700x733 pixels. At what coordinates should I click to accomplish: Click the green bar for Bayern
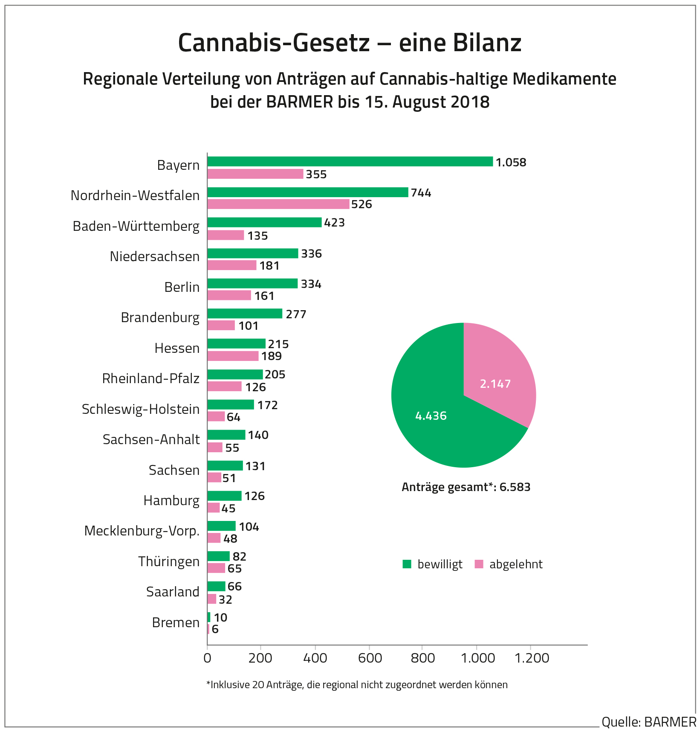(x=350, y=162)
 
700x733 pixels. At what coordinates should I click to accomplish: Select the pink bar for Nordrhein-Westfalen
(x=278, y=204)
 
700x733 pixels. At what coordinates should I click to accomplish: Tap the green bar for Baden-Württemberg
(x=264, y=222)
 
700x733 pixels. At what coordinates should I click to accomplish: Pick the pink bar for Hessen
(x=233, y=356)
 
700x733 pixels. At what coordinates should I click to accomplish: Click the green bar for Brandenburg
(x=245, y=314)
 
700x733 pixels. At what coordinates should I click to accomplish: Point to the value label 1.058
(x=511, y=163)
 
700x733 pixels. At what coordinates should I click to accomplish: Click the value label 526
(x=362, y=204)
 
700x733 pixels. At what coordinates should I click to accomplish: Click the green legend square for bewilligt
(x=407, y=564)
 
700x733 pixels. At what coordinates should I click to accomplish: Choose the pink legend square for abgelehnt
(x=479, y=564)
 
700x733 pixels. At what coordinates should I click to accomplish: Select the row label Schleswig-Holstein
(x=141, y=409)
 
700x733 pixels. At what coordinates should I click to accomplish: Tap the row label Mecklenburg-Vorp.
(x=142, y=531)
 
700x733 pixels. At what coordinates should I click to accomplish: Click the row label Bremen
(x=176, y=622)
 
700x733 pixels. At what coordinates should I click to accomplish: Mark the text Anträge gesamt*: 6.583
(x=466, y=487)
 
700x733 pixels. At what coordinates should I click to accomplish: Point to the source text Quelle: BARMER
(x=649, y=722)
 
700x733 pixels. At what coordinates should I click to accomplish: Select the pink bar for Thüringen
(x=216, y=568)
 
